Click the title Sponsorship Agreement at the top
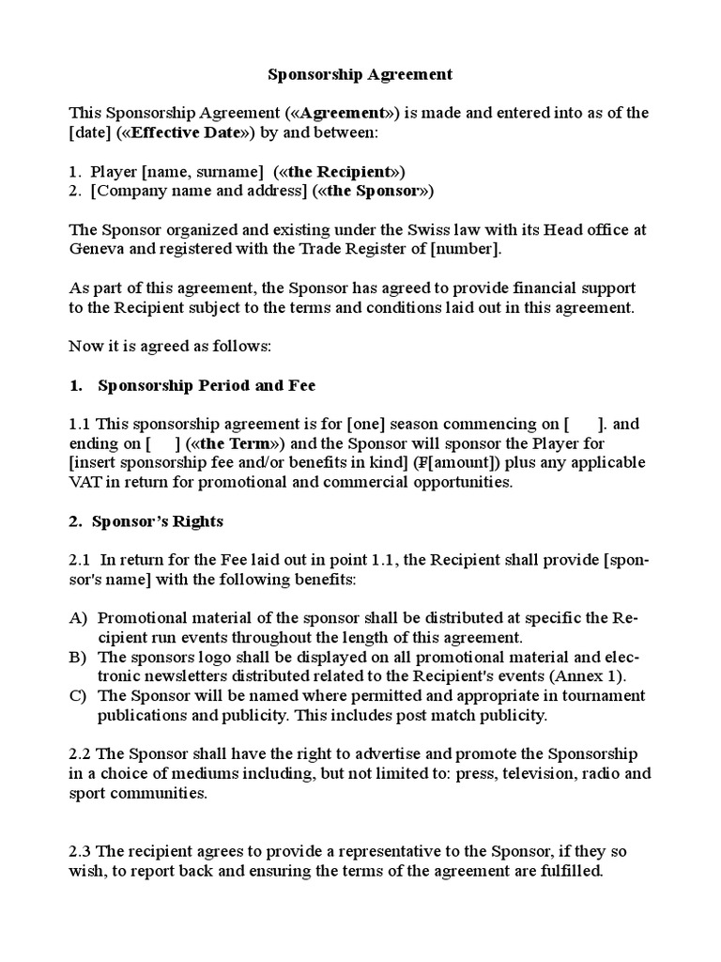360,73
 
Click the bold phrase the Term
225,443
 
